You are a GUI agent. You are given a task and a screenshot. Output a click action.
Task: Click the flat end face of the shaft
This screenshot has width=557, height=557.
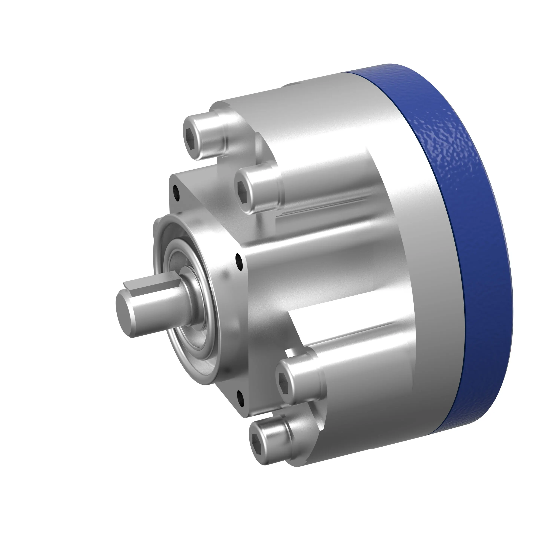point(123,302)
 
